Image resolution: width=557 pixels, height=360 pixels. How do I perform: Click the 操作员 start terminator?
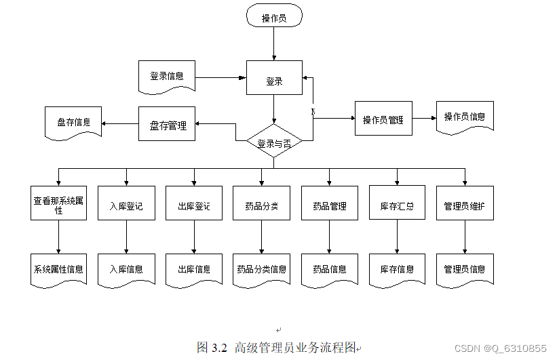[273, 18]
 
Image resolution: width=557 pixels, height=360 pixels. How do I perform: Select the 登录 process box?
[273, 81]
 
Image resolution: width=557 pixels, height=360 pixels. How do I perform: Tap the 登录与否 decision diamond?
[273, 142]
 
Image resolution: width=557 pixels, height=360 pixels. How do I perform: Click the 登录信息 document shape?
[166, 76]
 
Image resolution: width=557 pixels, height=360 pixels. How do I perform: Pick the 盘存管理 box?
[167, 125]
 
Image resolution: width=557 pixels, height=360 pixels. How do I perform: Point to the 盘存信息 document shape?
[73, 122]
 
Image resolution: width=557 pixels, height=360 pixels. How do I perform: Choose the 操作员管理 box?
[383, 119]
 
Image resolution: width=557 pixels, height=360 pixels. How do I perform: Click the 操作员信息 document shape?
[465, 117]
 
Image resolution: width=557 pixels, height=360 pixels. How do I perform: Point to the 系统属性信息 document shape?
[58, 268]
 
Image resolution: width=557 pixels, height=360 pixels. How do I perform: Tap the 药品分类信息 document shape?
[261, 268]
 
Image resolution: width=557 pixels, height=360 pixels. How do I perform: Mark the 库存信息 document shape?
[397, 268]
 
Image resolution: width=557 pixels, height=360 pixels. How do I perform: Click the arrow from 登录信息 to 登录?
[220, 77]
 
